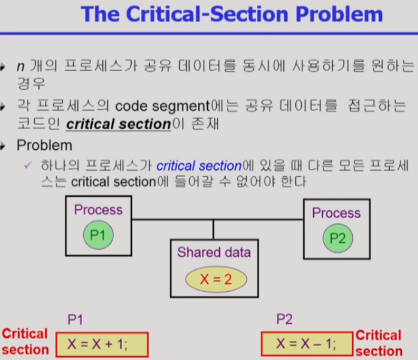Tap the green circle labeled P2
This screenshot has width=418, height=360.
tap(338, 237)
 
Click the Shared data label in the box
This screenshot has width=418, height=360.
tap(214, 252)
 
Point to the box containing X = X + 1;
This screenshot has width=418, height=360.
tap(102, 344)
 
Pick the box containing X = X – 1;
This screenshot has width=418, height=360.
tap(307, 344)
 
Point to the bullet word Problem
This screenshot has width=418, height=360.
tap(44, 145)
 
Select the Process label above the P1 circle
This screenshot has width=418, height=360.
tap(98, 210)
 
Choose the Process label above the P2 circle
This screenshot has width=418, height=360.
tap(336, 213)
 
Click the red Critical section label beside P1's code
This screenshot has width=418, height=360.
tap(25, 341)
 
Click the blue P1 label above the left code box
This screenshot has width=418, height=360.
tap(75, 320)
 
